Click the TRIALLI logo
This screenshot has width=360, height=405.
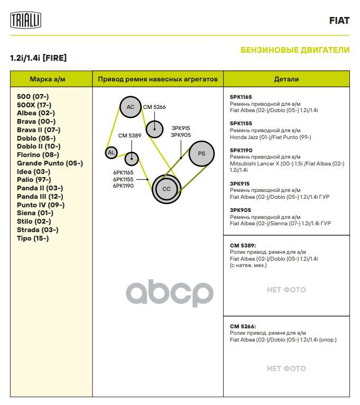(26, 21)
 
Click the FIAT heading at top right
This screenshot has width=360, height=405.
(339, 21)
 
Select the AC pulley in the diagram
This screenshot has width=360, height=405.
(130, 107)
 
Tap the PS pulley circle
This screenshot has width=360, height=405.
(201, 153)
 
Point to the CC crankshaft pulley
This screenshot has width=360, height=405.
(167, 189)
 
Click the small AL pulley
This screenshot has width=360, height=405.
(111, 153)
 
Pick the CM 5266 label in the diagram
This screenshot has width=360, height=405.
(154, 107)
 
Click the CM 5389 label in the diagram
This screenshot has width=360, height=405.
(130, 135)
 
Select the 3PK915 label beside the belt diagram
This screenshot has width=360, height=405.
(180, 128)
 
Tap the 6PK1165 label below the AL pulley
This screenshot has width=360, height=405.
(123, 172)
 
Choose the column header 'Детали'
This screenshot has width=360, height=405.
(286, 79)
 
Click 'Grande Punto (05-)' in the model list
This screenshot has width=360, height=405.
(50, 163)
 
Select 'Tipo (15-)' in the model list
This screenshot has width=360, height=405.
(33, 238)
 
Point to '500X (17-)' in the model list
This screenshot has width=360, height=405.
(34, 105)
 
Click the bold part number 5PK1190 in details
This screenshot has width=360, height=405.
(241, 150)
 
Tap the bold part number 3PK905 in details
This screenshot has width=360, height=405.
(240, 210)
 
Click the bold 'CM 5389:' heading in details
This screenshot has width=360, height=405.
(243, 246)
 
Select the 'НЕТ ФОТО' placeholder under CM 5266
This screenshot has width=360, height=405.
(286, 369)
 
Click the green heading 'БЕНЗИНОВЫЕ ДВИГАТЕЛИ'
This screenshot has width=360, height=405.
(294, 50)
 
